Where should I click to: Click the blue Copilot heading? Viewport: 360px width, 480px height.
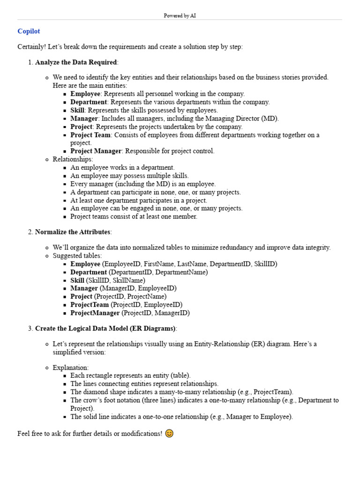pyautogui.click(x=29, y=31)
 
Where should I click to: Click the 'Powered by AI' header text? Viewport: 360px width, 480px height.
pyautogui.click(x=180, y=15)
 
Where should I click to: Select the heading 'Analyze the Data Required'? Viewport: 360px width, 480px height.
pyautogui.click(x=76, y=62)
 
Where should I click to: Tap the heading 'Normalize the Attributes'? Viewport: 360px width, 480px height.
pyautogui.click(x=73, y=232)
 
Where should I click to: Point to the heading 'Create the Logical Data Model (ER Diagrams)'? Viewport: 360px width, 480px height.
pyautogui.click(x=105, y=329)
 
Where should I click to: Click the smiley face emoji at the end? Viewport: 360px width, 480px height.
pyautogui.click(x=169, y=434)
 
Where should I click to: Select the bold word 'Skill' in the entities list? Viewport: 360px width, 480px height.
pyautogui.click(x=77, y=110)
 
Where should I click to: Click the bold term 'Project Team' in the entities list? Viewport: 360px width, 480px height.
pyautogui.click(x=90, y=135)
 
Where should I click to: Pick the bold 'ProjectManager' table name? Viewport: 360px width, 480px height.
pyautogui.click(x=95, y=313)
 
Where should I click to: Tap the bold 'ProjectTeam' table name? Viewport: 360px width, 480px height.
pyautogui.click(x=90, y=305)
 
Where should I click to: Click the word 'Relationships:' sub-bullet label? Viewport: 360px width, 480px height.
pyautogui.click(x=73, y=159)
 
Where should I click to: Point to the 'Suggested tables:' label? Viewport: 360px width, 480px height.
pyautogui.click(x=77, y=256)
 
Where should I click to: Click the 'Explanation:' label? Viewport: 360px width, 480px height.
pyautogui.click(x=70, y=367)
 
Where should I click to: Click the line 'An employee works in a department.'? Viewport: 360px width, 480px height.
pyautogui.click(x=122, y=167)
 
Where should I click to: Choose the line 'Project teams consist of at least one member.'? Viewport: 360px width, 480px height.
pyautogui.click(x=134, y=217)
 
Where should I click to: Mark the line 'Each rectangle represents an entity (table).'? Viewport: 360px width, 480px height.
pyautogui.click(x=130, y=375)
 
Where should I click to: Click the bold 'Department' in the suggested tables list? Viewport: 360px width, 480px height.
pyautogui.click(x=89, y=272)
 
